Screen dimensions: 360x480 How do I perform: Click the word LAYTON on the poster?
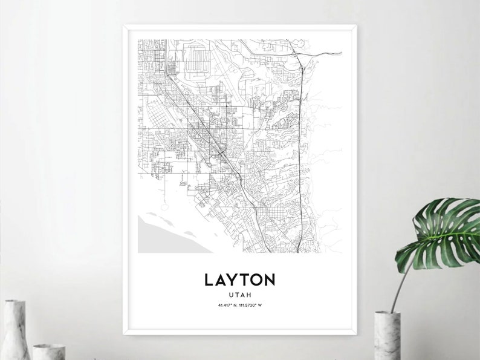click(240, 280)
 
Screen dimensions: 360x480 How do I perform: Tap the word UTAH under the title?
click(240, 294)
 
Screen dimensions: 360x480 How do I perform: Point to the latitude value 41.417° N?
click(227, 304)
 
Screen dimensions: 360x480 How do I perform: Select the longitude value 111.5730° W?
click(251, 304)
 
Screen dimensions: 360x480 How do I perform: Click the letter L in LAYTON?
click(209, 280)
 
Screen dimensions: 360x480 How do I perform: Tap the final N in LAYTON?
click(269, 280)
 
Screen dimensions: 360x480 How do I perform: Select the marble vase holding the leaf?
click(387, 336)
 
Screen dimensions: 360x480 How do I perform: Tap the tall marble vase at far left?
click(15, 330)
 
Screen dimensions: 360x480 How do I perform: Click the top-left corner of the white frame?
click(124, 25)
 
